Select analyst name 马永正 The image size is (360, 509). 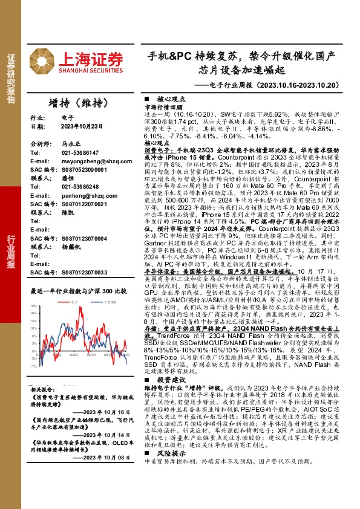70,145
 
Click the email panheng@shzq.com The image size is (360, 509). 83,196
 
